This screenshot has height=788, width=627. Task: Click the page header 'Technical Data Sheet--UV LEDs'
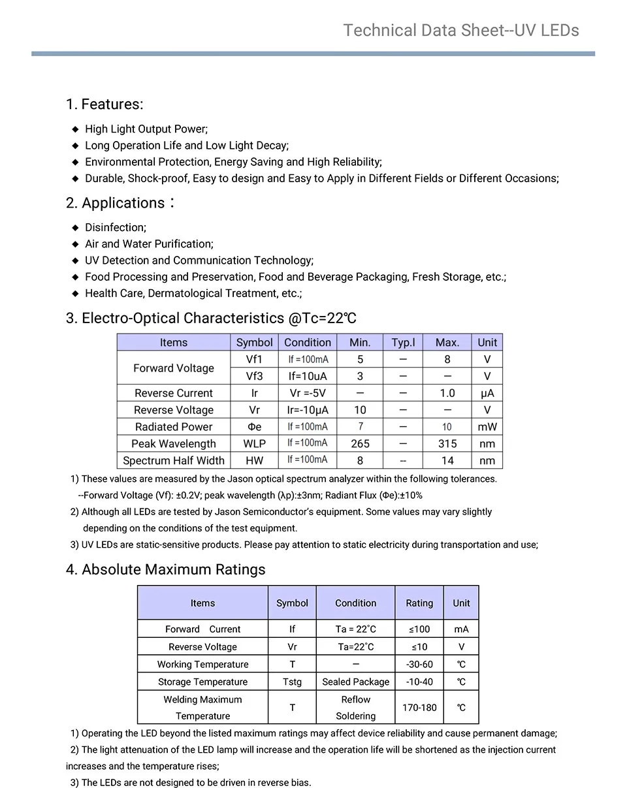click(x=460, y=31)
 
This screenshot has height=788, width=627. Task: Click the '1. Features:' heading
click(x=104, y=104)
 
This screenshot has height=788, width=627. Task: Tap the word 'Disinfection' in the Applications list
click(x=116, y=228)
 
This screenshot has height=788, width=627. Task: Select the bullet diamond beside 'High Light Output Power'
click(x=75, y=129)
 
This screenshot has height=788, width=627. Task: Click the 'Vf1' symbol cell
click(x=254, y=360)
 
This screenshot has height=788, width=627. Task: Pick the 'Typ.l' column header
click(x=403, y=343)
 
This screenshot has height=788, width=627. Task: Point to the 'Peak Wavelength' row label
click(x=173, y=444)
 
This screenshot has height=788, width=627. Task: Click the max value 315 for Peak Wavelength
click(x=447, y=444)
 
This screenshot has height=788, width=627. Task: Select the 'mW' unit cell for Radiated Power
click(x=487, y=427)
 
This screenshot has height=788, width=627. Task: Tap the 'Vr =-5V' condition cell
click(x=308, y=393)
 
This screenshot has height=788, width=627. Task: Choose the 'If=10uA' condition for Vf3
click(x=308, y=377)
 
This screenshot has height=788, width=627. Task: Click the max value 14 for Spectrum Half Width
click(x=447, y=461)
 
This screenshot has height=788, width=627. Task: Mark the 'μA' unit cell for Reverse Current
click(x=487, y=393)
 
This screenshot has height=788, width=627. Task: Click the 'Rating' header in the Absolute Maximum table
click(x=419, y=603)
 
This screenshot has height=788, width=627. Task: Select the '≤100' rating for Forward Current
click(x=419, y=629)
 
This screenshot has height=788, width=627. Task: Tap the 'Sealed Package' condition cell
click(x=356, y=682)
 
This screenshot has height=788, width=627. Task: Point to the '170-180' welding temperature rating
click(x=419, y=708)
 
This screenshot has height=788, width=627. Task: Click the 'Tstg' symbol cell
click(x=292, y=682)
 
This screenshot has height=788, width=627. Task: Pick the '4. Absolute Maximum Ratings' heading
click(x=166, y=570)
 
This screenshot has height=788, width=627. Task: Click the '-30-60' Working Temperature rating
click(x=419, y=665)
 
